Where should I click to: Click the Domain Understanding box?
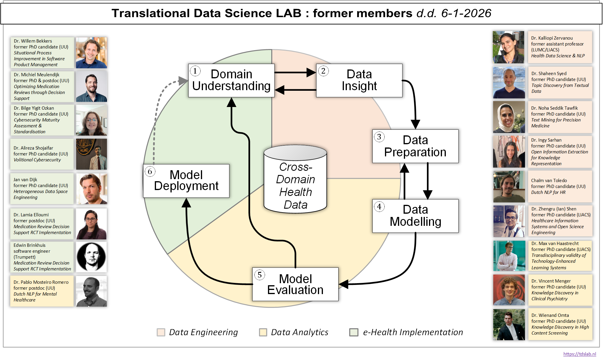coord(231,80)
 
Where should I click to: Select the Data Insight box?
coord(359,80)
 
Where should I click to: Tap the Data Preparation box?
coord(415,146)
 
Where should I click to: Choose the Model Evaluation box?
coord(295,284)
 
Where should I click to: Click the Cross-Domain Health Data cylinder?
coord(295,180)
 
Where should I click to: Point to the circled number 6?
coord(150,171)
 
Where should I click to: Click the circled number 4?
coord(379,206)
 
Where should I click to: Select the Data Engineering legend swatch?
coord(161,332)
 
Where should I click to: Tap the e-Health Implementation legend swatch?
coord(353,332)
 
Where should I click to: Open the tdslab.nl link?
coord(579,354)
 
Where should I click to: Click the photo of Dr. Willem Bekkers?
coord(91,53)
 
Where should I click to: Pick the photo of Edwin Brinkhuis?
coord(91,257)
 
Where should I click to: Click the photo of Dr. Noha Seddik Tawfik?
coord(509,117)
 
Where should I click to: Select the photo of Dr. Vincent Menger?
coord(509,290)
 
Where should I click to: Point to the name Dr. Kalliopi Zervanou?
coord(552,38)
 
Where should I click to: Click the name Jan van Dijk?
coord(25,180)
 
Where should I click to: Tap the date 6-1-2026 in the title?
coord(466,13)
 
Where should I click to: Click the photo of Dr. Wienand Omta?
coord(509,324)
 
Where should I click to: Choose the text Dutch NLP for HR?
coord(548,192)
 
